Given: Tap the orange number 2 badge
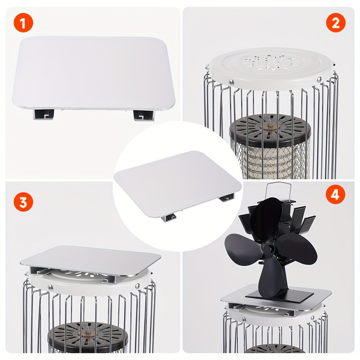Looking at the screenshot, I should point(336,23).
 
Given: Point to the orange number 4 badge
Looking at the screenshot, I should point(335,195).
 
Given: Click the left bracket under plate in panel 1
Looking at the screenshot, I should point(44,114).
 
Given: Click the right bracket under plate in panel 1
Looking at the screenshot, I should point(143,114).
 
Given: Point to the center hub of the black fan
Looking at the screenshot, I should point(268,248).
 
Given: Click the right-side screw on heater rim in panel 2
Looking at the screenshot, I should point(319,80).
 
